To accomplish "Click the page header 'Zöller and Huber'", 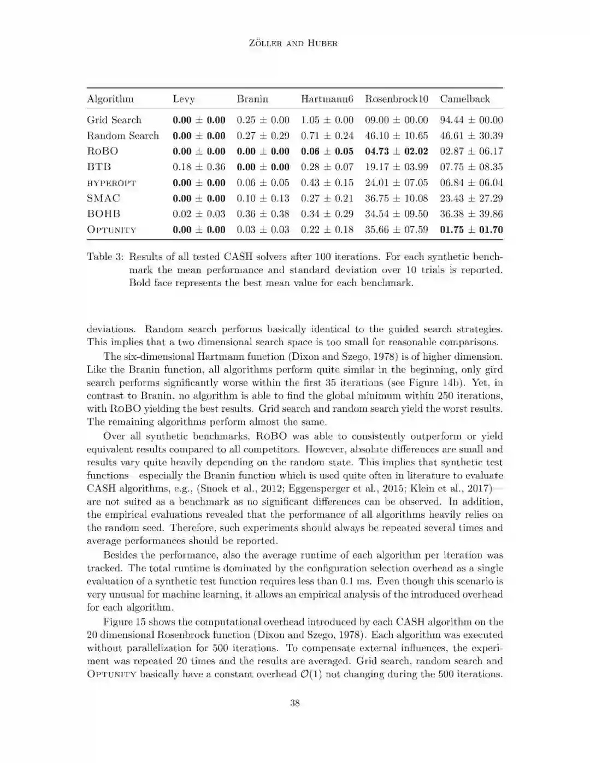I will point(294,43).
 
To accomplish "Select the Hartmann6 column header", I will point(327,99).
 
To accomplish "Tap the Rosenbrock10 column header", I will point(397,99).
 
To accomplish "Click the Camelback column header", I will point(465,99).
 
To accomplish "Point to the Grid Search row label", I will point(114,120).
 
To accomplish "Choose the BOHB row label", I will point(104,214).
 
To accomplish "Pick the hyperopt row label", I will point(111,183).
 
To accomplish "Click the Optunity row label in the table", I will point(111,229).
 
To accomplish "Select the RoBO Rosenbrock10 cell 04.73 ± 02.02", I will point(397,151).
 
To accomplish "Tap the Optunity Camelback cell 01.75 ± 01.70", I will point(471,229).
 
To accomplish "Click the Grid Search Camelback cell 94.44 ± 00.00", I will point(471,120).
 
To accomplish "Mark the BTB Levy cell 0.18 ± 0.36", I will point(199,167).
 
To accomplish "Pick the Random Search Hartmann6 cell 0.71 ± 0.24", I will point(327,135).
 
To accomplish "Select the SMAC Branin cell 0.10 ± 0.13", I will point(263,198).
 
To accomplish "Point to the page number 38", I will point(294,703).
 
